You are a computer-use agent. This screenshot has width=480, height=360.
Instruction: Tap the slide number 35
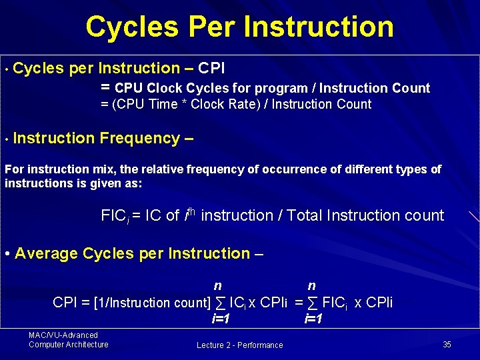coord(447,344)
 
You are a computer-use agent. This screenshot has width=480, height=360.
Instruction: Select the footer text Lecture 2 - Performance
coord(239,345)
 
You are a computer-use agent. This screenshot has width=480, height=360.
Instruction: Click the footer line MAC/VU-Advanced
coord(63,335)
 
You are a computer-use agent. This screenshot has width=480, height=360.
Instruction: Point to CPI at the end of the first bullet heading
coord(211,68)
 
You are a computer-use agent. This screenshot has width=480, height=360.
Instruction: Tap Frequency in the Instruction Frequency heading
coord(138,138)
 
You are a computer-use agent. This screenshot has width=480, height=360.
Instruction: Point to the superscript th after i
coord(191,211)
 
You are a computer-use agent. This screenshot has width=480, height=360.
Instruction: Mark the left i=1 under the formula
coord(221,319)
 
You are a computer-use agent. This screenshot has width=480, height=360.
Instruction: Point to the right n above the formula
coord(311,286)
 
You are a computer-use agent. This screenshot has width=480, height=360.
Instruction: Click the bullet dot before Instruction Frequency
coord(5,139)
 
